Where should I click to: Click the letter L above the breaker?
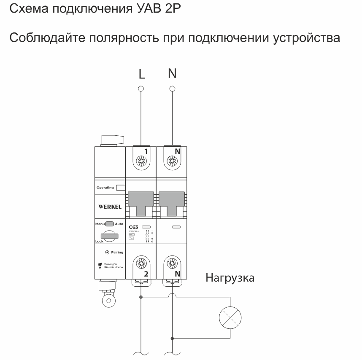[142, 75]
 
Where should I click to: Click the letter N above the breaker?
[172, 73]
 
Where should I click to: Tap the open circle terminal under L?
[142, 89]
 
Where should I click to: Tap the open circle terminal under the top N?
[172, 89]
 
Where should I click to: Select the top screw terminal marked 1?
[141, 161]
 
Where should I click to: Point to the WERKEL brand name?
[110, 207]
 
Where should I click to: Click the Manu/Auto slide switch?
[110, 224]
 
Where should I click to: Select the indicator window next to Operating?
[120, 188]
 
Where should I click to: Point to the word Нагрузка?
[230, 278]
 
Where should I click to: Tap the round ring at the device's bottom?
[108, 301]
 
